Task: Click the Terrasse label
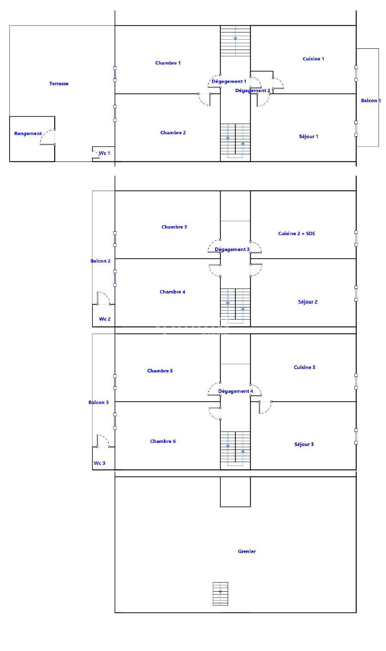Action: (x=59, y=84)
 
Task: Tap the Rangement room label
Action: (x=28, y=133)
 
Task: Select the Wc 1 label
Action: (x=104, y=153)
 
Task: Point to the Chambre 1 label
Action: (x=168, y=63)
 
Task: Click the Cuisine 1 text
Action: (x=313, y=59)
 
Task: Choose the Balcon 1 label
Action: (x=371, y=101)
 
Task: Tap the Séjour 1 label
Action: (x=308, y=137)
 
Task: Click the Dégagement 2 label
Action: (x=253, y=90)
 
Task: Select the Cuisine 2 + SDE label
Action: (x=296, y=233)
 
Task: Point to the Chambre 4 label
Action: (x=172, y=292)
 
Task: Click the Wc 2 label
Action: (x=105, y=319)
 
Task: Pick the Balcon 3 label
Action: (x=98, y=402)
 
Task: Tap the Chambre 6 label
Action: (x=163, y=441)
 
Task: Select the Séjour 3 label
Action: (x=304, y=445)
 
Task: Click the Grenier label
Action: (x=247, y=551)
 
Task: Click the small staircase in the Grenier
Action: (x=220, y=594)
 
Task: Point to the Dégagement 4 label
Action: (x=235, y=391)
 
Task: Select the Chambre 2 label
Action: (x=173, y=132)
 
